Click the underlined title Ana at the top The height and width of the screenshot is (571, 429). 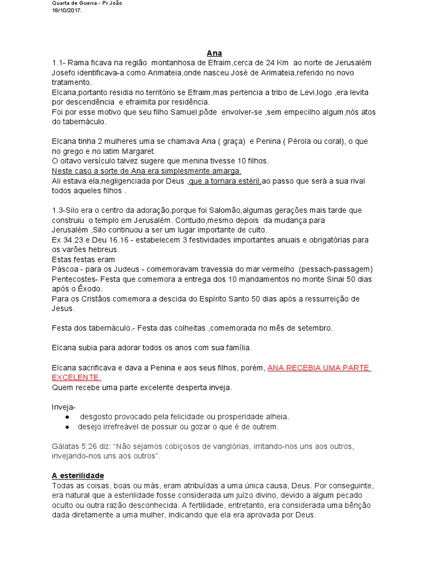(x=214, y=53)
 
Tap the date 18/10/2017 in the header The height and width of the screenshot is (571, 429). (x=66, y=10)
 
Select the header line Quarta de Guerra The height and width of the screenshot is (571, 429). (x=87, y=3)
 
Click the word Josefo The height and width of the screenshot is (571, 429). (x=64, y=72)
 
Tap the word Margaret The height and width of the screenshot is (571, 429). (x=138, y=151)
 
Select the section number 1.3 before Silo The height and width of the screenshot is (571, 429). (x=58, y=210)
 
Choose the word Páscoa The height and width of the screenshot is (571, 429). (x=66, y=269)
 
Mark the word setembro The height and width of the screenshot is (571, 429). (x=315, y=328)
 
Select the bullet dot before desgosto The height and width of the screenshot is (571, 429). (x=67, y=417)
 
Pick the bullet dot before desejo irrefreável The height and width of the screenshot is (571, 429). (x=67, y=427)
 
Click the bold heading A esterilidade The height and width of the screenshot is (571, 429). (x=78, y=476)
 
